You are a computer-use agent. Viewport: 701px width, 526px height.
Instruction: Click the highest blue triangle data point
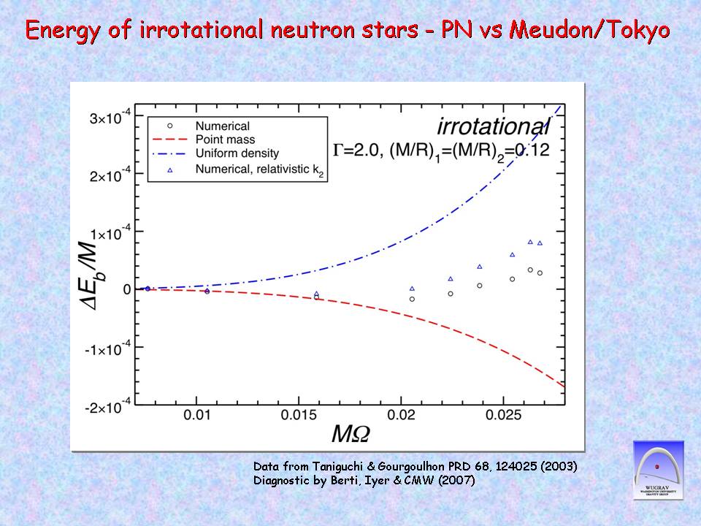(x=530, y=242)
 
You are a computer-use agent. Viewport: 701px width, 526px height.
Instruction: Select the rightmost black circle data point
(x=540, y=273)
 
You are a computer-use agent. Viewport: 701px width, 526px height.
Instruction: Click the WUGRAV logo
(x=657, y=470)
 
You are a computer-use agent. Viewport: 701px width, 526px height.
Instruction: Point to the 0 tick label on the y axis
(x=126, y=290)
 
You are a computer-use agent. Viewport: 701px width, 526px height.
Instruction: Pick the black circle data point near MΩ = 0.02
(x=412, y=299)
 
